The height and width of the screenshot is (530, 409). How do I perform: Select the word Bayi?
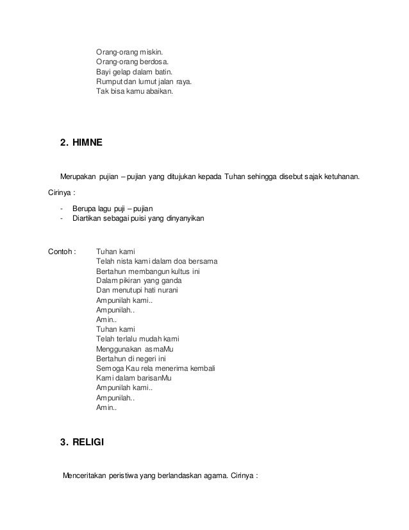click(103, 72)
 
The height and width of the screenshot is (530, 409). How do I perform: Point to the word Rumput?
click(108, 82)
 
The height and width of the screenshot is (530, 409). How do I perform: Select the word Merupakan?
click(79, 176)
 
